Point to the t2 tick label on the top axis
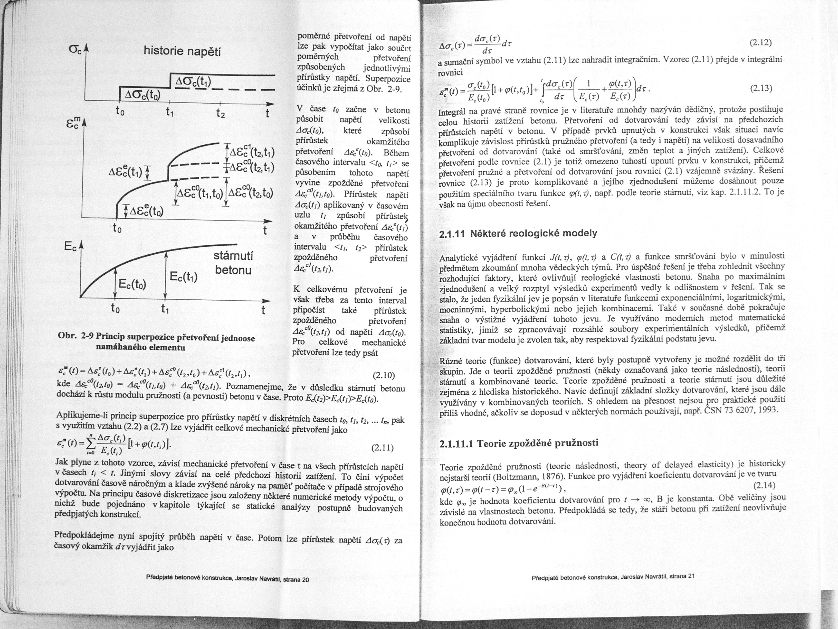pyautogui.click(x=221, y=113)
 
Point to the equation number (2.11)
pyautogui.click(x=383, y=448)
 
